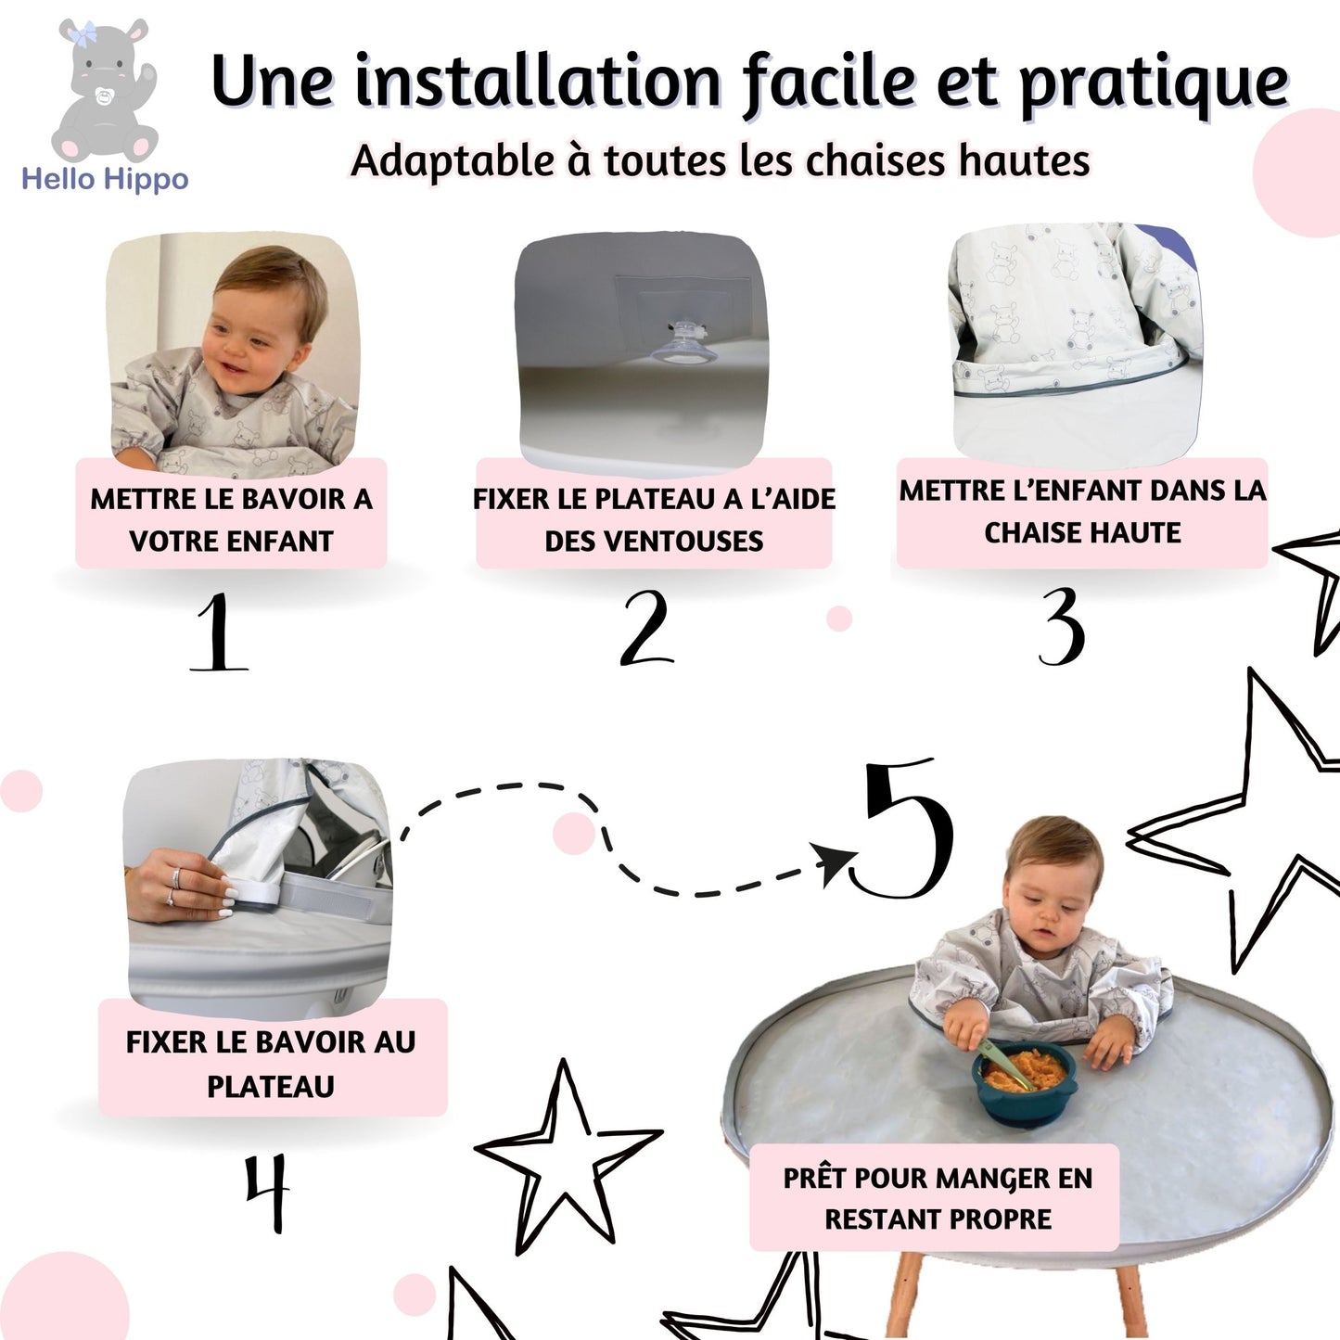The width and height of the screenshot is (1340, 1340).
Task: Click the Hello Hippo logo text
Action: click(105, 179)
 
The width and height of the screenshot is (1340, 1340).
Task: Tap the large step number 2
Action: click(646, 627)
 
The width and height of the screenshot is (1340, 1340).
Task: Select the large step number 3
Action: click(1061, 626)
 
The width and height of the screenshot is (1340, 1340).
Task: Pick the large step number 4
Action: click(268, 1193)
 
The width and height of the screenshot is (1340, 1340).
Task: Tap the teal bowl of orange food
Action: click(1025, 1081)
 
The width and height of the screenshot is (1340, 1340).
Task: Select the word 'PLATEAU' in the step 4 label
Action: click(271, 1086)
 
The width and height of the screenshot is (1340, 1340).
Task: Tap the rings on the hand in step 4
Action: click(173, 886)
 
